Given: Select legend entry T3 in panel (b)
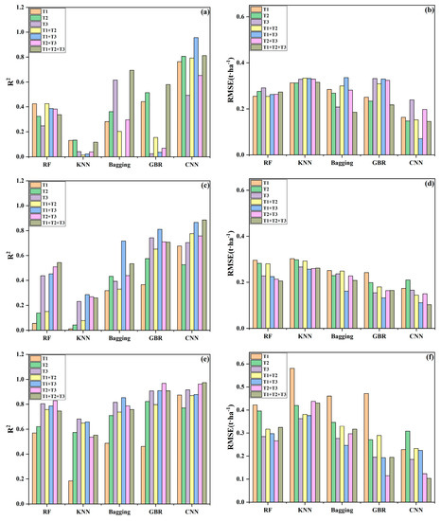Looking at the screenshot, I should [x=269, y=30].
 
